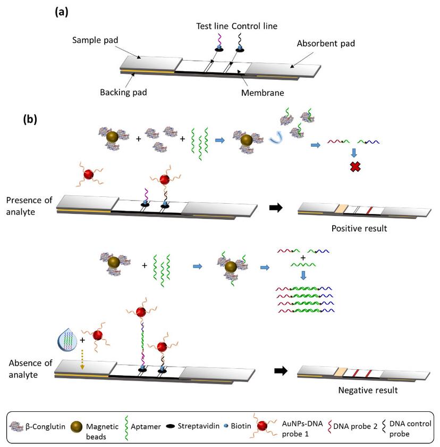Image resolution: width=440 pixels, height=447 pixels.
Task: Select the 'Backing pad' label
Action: (123, 92)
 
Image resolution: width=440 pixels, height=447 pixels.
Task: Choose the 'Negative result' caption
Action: (367, 391)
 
